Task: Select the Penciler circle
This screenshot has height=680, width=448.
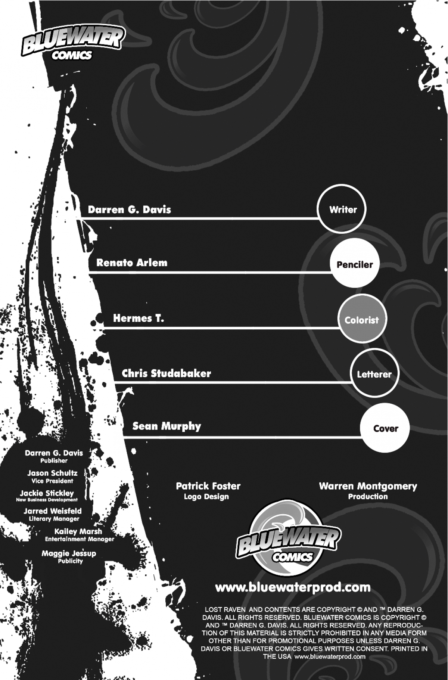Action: [355, 264]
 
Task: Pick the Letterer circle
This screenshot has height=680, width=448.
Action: [374, 374]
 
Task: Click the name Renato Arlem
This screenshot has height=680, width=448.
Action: [132, 263]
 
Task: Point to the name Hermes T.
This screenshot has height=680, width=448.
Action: [139, 319]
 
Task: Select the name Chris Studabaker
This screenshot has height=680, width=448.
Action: [167, 373]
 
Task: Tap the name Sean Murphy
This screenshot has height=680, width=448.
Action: [167, 426]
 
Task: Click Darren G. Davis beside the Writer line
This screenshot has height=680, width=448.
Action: [130, 209]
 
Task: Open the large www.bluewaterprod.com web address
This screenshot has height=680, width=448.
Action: [293, 587]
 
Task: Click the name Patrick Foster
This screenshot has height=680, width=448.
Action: [208, 486]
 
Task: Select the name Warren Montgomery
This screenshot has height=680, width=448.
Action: [368, 487]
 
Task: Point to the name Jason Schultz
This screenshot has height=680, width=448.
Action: [52, 473]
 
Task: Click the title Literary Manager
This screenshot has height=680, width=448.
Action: [54, 519]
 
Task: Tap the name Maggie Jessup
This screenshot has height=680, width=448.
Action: [69, 553]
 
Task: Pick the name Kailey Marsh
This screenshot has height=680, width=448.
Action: [78, 531]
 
